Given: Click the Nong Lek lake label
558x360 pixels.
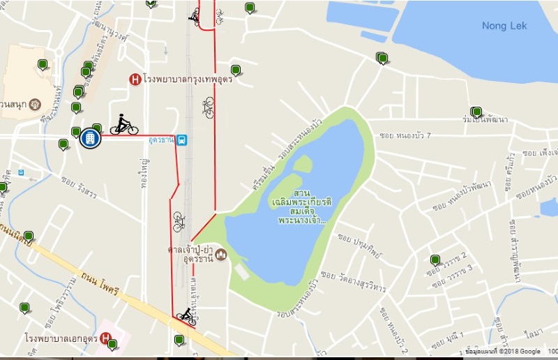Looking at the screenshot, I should tap(504, 26).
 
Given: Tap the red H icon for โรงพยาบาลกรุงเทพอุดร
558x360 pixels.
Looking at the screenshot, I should tap(135, 80).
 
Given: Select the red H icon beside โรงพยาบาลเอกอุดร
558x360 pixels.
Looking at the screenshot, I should tap(105, 338).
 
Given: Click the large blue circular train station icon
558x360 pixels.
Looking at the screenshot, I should tap(90, 138).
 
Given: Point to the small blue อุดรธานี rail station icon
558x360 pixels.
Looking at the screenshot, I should tap(181, 140).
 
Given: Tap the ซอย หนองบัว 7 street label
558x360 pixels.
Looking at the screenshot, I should tap(405, 135).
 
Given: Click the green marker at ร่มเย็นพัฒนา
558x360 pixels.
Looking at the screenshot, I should tap(476, 112).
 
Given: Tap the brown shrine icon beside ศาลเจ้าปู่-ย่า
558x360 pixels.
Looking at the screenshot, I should tap(221, 253).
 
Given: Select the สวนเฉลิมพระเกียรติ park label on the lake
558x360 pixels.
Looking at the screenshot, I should tap(302, 206).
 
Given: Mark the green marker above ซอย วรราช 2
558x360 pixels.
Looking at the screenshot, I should tap(435, 260).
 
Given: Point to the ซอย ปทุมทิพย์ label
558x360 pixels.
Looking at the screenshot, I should tap(362, 246).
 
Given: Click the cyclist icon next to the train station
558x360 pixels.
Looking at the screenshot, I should tap(123, 125).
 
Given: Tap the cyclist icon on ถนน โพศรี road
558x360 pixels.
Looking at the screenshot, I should tap(186, 317).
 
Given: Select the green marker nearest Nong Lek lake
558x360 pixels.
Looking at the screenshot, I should tap(382, 58).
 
